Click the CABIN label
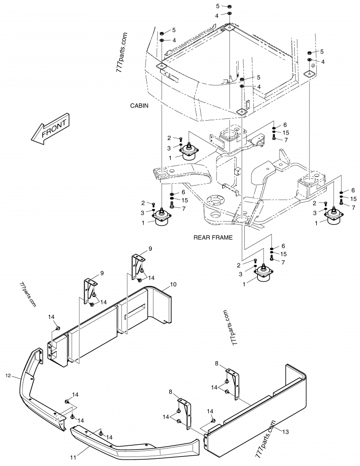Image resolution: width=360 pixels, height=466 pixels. point(139,105)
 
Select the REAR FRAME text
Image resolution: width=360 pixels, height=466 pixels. point(213,237)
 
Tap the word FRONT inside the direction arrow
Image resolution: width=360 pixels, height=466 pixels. point(54,128)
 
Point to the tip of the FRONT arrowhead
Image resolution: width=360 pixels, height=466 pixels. point(31,138)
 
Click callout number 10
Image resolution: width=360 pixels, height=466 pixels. point(173,285)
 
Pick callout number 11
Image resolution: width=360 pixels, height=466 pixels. point(73,457)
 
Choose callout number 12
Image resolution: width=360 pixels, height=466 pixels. point(8,376)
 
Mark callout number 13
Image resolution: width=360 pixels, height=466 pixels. point(285,432)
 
